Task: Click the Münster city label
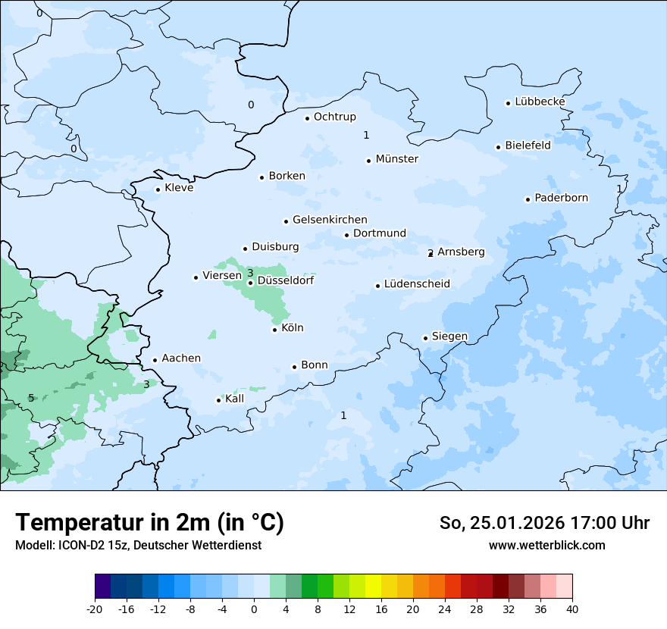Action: pyautogui.click(x=396, y=159)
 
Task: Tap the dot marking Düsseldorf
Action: pyautogui.click(x=250, y=283)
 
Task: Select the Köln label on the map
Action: pyautogui.click(x=292, y=328)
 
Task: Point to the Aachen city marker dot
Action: pyautogui.click(x=155, y=361)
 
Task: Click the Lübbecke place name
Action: pyautogui.click(x=540, y=102)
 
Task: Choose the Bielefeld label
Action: pyautogui.click(x=528, y=146)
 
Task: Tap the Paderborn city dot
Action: pyautogui.click(x=528, y=199)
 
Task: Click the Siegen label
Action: pyautogui.click(x=449, y=336)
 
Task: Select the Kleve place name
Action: pyautogui.click(x=179, y=188)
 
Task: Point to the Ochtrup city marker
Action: pyautogui.click(x=307, y=118)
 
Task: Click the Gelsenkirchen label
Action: pyautogui.click(x=330, y=220)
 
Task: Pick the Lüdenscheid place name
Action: pyautogui.click(x=417, y=284)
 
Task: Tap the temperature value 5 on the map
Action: pyautogui.click(x=31, y=398)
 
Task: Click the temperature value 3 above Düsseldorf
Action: pyautogui.click(x=250, y=273)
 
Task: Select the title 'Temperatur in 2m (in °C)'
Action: pyautogui.click(x=150, y=523)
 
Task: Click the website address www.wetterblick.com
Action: pyautogui.click(x=546, y=546)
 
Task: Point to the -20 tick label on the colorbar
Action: pyautogui.click(x=95, y=609)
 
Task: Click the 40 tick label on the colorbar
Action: pyautogui.click(x=572, y=609)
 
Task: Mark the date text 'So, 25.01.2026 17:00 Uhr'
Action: pyautogui.click(x=544, y=523)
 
